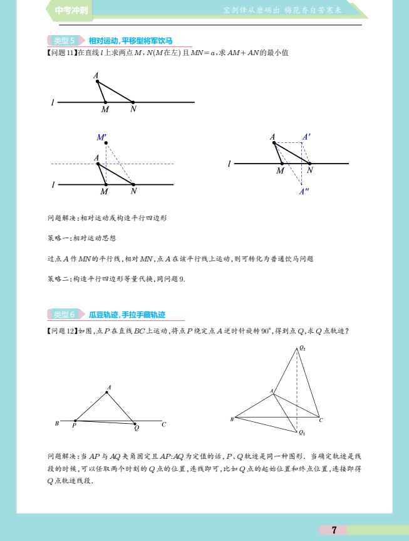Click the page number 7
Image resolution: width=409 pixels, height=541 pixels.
[334, 530]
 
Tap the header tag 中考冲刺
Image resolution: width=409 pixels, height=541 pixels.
[71, 11]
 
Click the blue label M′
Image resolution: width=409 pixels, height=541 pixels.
[101, 137]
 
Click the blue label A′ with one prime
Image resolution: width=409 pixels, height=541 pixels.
[306, 136]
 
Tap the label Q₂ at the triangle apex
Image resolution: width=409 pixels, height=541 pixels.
[303, 347]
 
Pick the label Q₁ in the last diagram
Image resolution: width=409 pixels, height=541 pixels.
[302, 433]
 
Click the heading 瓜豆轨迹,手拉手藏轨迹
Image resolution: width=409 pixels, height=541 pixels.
[127, 315]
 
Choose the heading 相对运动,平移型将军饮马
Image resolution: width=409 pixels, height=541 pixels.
[126, 41]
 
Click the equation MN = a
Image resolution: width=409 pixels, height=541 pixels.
[200, 53]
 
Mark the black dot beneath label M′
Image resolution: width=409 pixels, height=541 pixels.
[106, 144]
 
